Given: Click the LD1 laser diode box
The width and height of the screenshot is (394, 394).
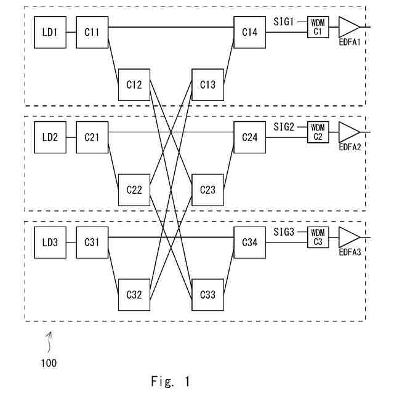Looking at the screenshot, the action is click(x=50, y=32).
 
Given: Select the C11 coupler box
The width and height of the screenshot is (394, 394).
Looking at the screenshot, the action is click(x=92, y=32).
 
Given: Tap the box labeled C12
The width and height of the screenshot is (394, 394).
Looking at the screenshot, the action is click(x=134, y=85).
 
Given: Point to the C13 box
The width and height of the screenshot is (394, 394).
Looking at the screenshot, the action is click(x=208, y=85).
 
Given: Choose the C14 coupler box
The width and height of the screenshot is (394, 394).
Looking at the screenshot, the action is click(x=250, y=32).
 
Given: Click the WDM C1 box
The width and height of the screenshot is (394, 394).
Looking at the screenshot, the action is click(x=318, y=27).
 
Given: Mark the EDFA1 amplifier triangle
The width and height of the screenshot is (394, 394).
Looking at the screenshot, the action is click(x=349, y=27).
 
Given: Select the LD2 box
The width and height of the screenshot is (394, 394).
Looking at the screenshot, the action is click(x=50, y=137).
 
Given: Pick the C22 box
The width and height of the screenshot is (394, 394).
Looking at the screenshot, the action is click(x=134, y=190).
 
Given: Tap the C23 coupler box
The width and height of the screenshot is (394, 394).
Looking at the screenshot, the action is click(x=208, y=190).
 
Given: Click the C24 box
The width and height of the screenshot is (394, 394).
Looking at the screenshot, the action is click(x=250, y=137).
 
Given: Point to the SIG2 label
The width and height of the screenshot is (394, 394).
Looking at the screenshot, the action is click(x=284, y=127).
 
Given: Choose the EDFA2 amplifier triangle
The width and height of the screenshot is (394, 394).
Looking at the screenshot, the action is click(x=349, y=132).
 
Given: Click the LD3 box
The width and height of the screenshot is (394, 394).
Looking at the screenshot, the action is click(x=50, y=243).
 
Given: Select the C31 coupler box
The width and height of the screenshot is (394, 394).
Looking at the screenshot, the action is click(x=92, y=243).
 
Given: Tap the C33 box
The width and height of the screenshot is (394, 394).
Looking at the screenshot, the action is click(x=208, y=295).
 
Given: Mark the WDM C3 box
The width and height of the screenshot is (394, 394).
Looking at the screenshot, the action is click(x=318, y=238).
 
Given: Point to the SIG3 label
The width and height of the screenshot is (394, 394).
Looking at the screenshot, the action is click(x=284, y=232).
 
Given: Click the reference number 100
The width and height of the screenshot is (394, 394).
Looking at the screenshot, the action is click(x=49, y=363).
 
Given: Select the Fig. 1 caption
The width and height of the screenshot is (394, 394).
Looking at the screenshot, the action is click(x=171, y=381).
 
